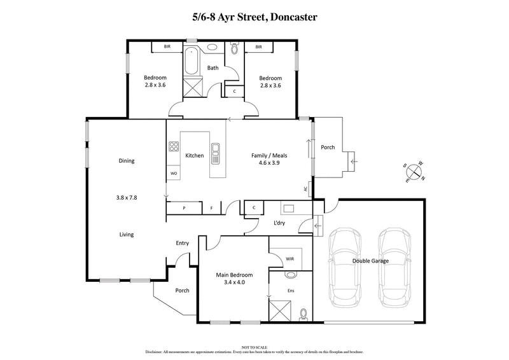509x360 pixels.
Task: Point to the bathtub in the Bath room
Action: point(192,64)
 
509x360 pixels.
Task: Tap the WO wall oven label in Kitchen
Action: point(173,173)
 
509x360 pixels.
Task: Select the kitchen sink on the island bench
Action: point(216,150)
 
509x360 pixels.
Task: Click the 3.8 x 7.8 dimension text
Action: point(127,198)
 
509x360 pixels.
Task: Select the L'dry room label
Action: point(279,223)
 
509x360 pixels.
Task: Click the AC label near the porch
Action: point(306,189)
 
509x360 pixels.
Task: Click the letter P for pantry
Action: point(184,208)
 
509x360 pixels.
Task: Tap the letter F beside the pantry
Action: point(211,208)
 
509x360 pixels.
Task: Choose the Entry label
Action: point(183,243)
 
